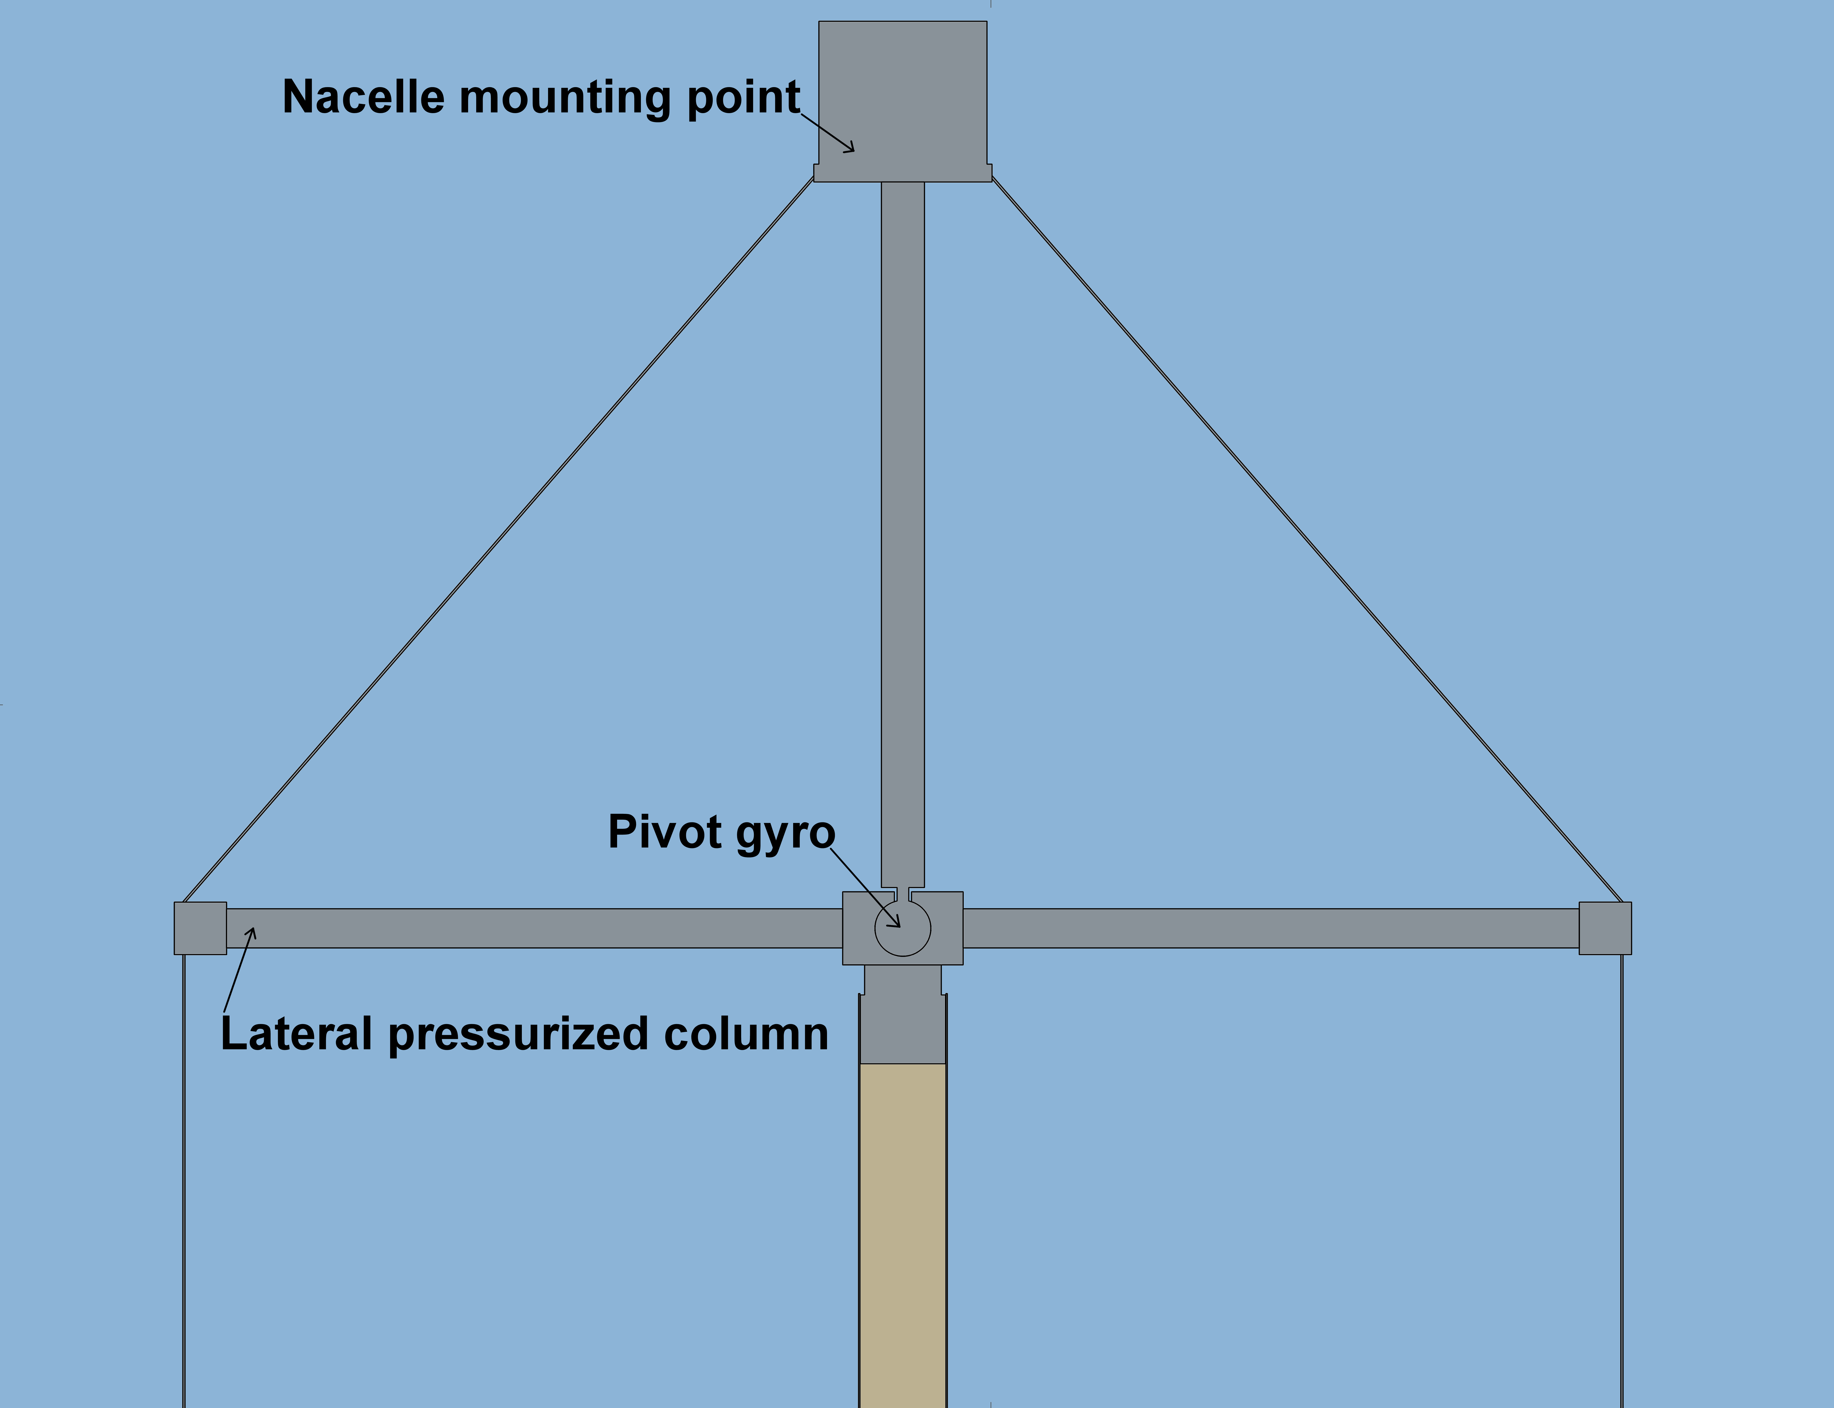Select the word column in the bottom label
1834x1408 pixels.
[746, 1034]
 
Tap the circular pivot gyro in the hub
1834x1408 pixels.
[903, 929]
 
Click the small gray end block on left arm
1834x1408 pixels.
[200, 928]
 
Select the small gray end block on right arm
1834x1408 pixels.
[1605, 928]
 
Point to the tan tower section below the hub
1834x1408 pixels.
[903, 1235]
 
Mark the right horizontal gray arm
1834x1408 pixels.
[1271, 928]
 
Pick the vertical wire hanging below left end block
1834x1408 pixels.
[183, 1181]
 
